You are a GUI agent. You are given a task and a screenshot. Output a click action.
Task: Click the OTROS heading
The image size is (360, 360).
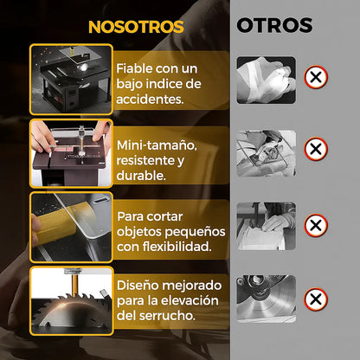click(274, 26)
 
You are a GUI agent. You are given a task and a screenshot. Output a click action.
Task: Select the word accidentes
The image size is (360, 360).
click(151, 99)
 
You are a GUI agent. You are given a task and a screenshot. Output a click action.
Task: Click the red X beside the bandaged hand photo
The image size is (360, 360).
click(317, 79)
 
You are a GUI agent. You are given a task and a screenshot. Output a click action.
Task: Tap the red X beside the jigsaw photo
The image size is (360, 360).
click(317, 150)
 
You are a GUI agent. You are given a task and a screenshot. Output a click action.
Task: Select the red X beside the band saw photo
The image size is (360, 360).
click(317, 225)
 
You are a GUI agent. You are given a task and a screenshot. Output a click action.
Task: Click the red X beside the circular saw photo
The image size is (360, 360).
click(317, 299)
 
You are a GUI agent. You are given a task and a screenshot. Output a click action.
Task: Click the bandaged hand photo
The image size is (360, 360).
click(266, 80)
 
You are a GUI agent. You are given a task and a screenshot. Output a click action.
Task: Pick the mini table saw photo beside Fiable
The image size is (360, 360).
click(70, 79)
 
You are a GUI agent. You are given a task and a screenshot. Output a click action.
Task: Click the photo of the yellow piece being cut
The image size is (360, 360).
click(70, 227)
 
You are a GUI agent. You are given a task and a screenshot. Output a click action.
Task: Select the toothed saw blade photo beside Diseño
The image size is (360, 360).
click(70, 299)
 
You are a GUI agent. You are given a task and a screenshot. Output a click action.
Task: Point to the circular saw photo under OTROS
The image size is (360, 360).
click(266, 299)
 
